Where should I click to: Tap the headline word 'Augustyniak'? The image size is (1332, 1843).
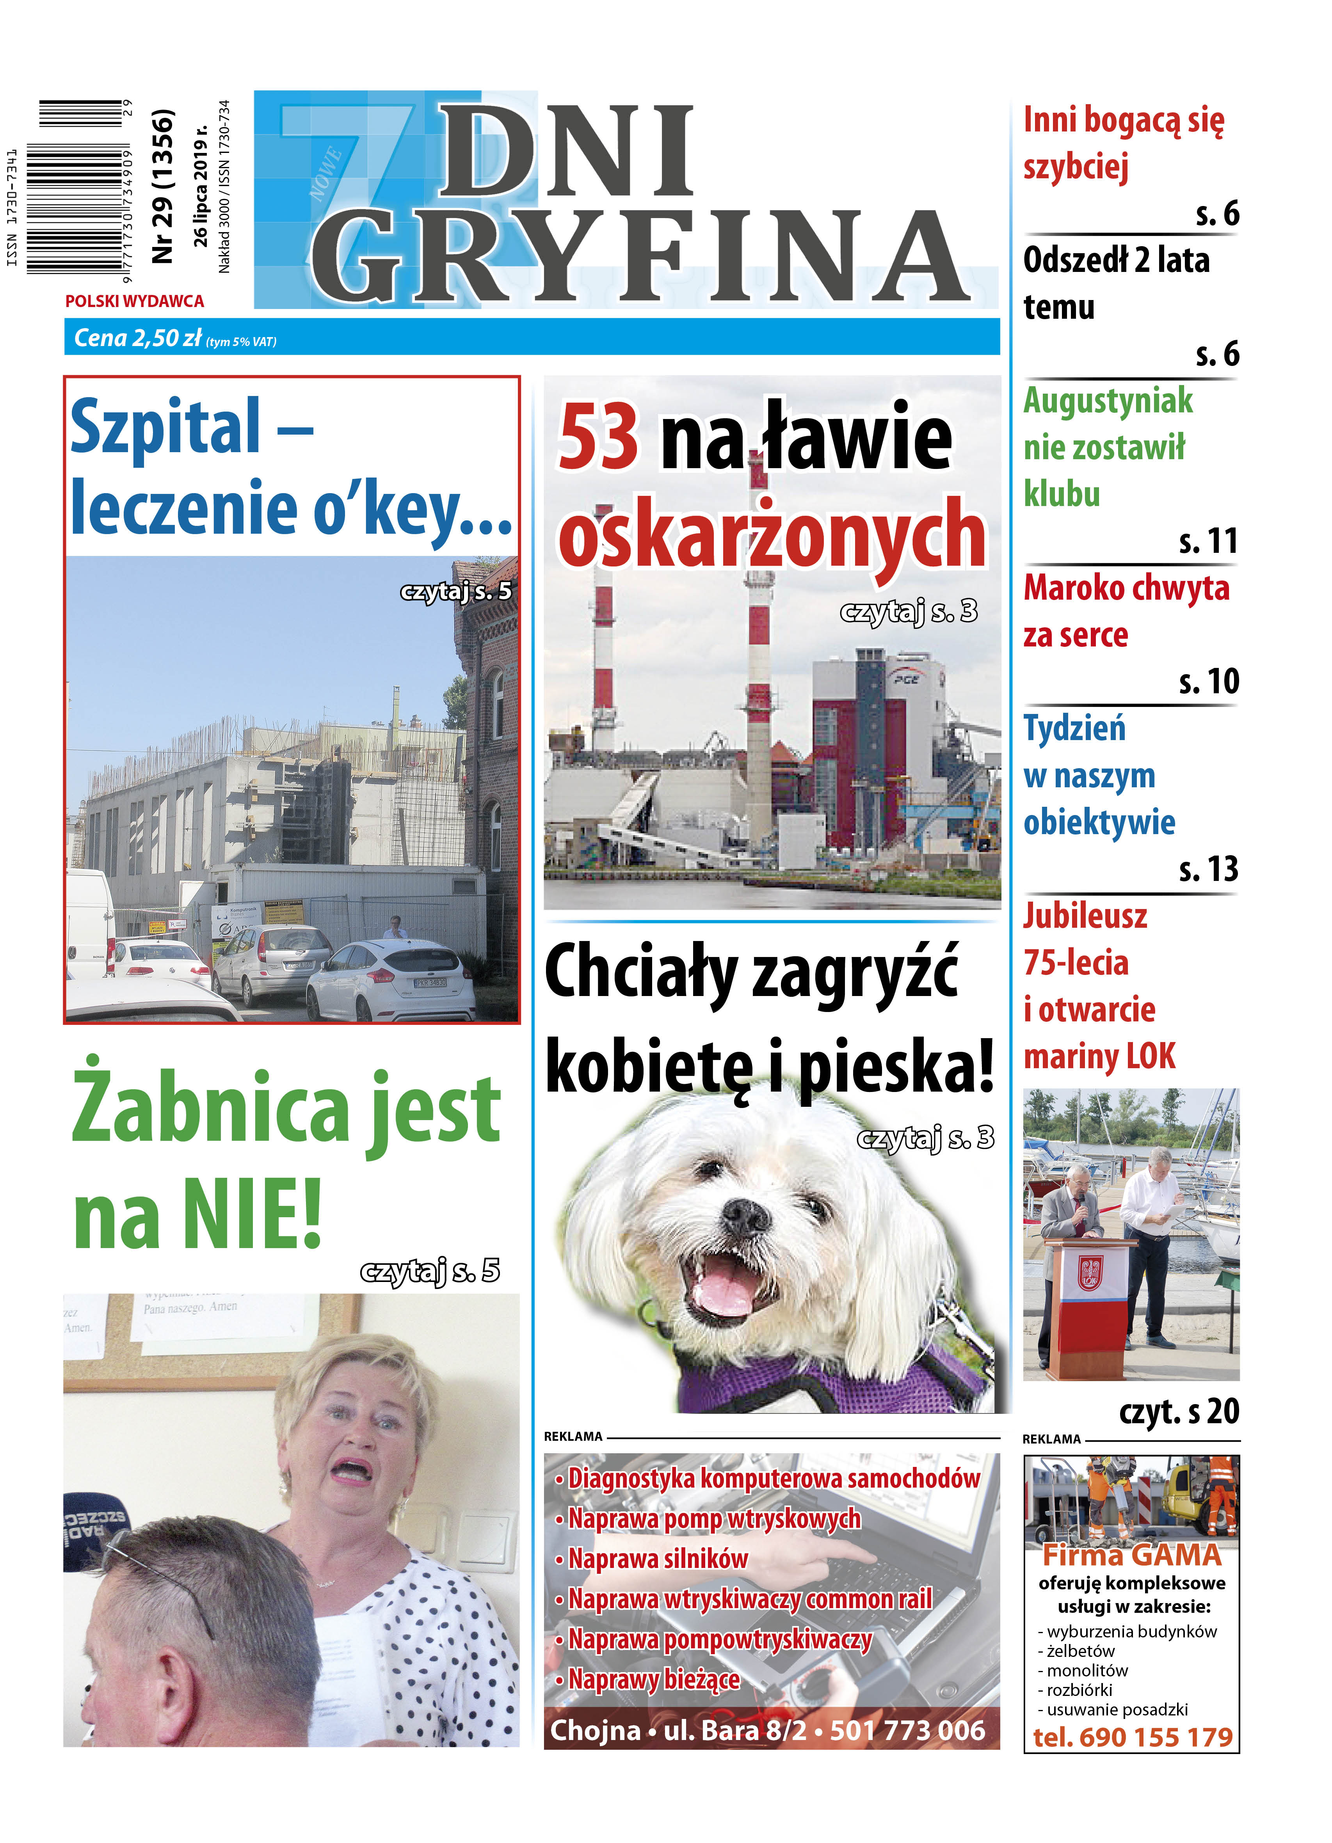pos(1107,401)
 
